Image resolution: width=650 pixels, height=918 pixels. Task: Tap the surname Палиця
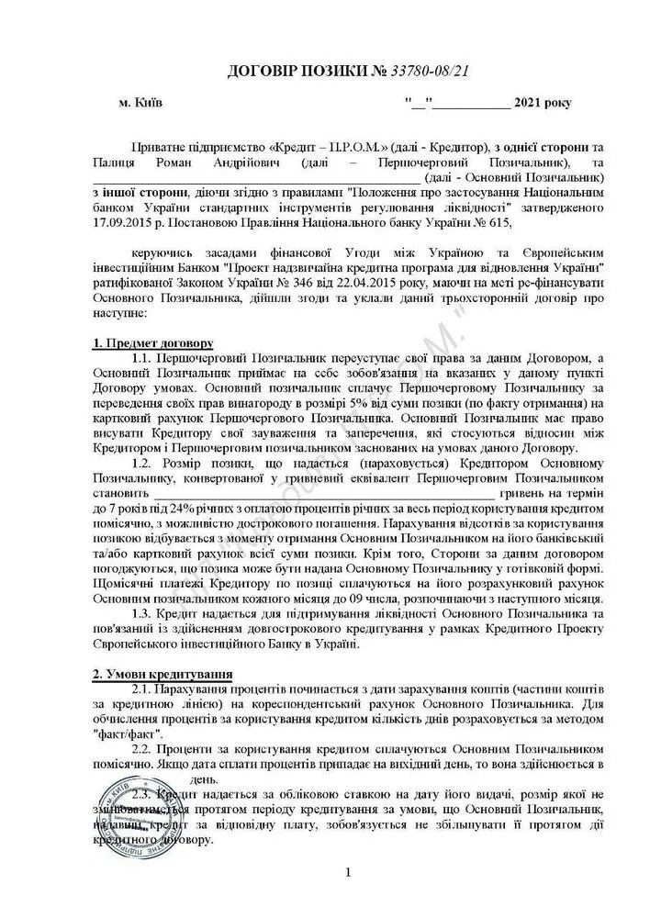pos(116,162)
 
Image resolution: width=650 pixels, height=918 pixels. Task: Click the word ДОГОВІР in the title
pos(267,71)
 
